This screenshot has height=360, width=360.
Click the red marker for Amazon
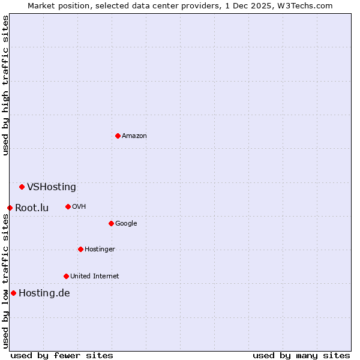118,136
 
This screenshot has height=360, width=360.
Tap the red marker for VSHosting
22,187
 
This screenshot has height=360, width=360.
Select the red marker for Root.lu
10,208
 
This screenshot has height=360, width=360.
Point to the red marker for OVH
68,206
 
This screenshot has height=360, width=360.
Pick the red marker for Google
111,223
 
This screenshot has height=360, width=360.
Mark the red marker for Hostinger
80,249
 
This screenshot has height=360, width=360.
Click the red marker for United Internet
66,276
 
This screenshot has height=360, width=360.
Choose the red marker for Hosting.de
13,293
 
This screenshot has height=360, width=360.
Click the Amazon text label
134,136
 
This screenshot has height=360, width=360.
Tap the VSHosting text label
52,187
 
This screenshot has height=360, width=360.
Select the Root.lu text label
32,208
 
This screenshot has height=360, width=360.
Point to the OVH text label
79,207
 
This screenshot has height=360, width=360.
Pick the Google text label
126,224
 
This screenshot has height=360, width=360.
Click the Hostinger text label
100,250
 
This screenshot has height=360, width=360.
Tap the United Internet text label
95,277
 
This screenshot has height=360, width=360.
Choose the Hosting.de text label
44,293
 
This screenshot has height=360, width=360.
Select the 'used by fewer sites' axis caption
62,355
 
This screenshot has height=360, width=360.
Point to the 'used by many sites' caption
301,355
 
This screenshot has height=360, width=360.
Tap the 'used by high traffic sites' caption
5,85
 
